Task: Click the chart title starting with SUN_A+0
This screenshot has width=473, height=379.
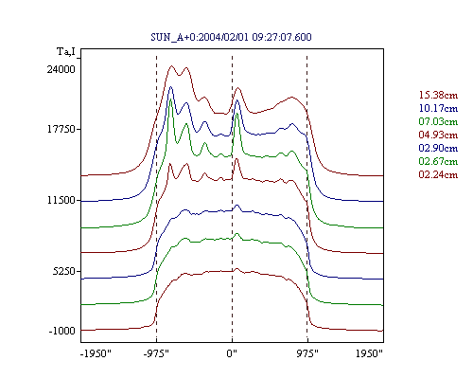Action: [x=231, y=37]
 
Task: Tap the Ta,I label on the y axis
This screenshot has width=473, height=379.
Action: [x=66, y=51]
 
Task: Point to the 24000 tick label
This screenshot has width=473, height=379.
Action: [x=61, y=69]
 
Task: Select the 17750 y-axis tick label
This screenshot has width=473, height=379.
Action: [x=61, y=129]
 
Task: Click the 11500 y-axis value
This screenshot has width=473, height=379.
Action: [x=61, y=200]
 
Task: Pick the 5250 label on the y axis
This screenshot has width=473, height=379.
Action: [x=64, y=271]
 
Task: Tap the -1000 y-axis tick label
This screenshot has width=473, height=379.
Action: [x=62, y=331]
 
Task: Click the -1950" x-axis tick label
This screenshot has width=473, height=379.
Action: [x=96, y=353]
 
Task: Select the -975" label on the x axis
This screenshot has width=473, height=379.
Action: [x=156, y=353]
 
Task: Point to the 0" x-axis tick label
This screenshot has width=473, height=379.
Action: [x=232, y=353]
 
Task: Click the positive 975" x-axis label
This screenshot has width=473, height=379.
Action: [x=307, y=353]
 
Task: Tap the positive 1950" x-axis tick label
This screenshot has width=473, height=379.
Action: [x=369, y=353]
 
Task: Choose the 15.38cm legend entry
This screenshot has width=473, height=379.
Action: [x=438, y=95]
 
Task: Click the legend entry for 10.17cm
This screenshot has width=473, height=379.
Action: [x=438, y=108]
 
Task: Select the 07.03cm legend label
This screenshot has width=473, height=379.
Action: [x=438, y=121]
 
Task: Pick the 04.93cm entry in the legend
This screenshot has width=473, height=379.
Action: [x=438, y=135]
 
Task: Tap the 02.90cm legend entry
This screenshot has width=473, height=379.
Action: [x=438, y=148]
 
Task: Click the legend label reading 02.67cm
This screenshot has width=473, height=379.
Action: [x=438, y=161]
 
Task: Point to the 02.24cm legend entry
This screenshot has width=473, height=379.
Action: [x=438, y=174]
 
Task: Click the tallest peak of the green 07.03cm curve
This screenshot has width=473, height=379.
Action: [x=171, y=99]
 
